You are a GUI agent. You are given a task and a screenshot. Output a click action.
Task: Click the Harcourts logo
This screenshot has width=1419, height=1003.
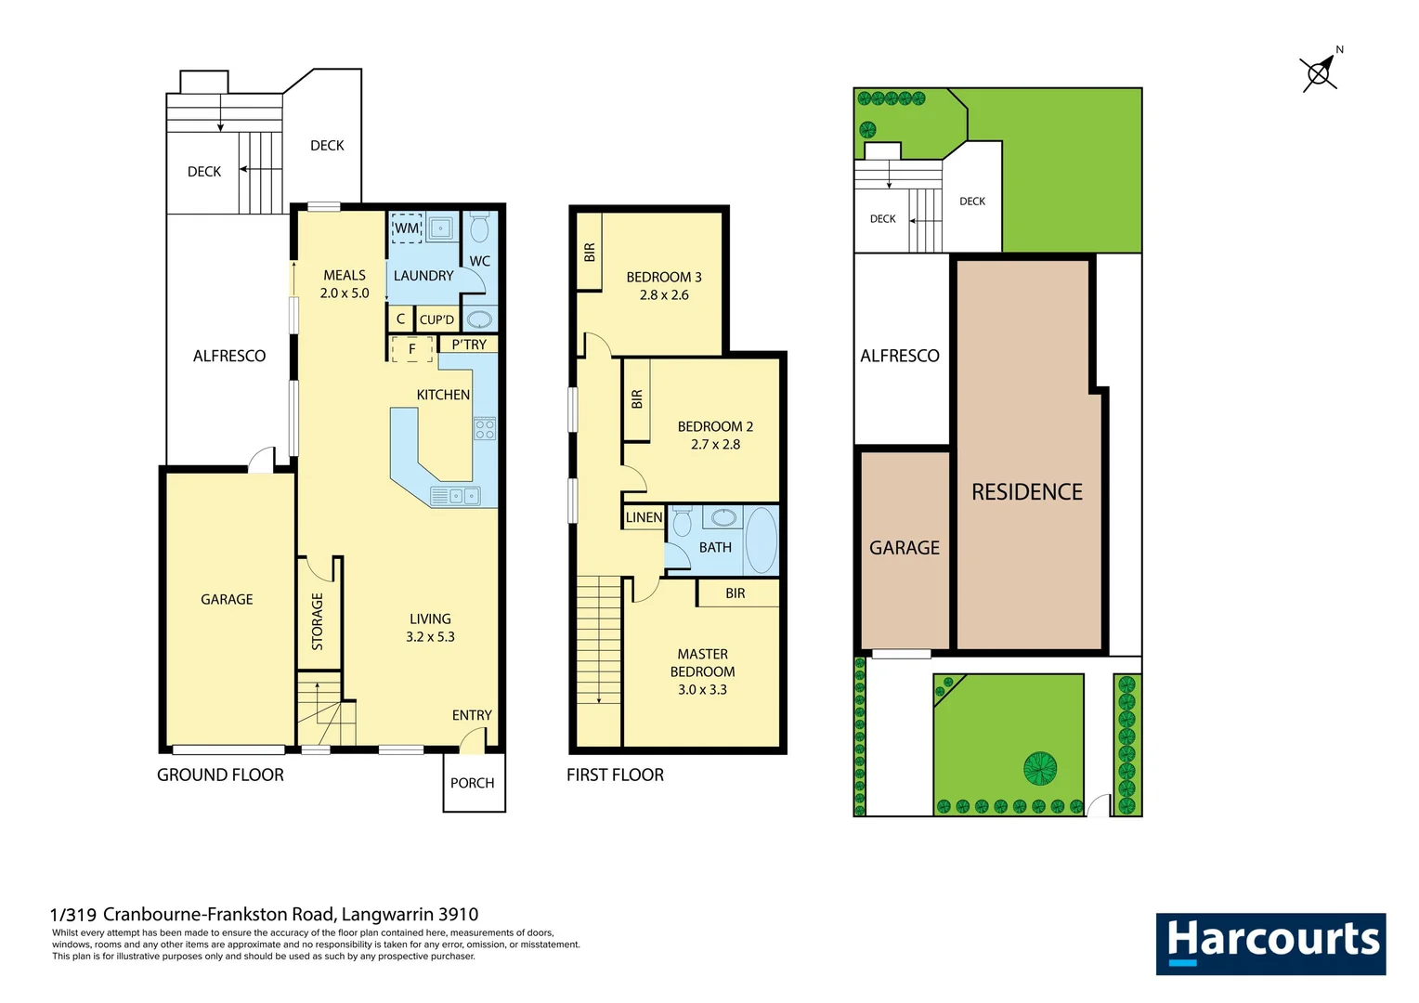[1270, 944]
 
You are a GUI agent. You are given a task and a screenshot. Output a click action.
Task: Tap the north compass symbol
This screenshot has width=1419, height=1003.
[1319, 72]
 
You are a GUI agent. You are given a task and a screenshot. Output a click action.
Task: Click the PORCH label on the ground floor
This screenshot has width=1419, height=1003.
[472, 783]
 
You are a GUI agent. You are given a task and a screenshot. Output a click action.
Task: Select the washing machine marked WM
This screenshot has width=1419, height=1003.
[408, 228]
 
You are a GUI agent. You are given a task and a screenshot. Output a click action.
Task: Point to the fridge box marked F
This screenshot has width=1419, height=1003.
[412, 349]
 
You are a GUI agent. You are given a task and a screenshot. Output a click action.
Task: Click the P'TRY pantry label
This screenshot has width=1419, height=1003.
[469, 345]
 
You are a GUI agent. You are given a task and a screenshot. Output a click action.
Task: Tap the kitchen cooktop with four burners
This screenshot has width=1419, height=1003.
[485, 428]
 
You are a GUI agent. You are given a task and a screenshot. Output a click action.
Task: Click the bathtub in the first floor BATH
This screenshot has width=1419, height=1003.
[762, 540]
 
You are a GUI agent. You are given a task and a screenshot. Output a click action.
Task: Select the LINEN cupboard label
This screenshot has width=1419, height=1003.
[644, 517]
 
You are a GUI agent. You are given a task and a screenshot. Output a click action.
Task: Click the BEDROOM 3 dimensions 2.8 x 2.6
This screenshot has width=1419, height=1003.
[664, 295]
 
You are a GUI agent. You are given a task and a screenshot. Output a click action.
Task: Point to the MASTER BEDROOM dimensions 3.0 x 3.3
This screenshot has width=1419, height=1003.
[702, 690]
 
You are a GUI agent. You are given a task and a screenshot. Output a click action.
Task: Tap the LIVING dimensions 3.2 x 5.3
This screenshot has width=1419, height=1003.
[430, 637]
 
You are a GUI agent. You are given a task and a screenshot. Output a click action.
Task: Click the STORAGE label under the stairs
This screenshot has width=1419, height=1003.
[318, 621]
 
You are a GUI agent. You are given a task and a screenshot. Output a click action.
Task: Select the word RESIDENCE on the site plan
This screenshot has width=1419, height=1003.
[1027, 492]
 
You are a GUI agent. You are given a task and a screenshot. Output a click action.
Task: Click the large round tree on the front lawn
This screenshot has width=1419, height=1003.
[1040, 768]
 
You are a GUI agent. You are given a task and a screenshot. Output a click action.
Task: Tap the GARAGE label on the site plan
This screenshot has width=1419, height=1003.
[904, 548]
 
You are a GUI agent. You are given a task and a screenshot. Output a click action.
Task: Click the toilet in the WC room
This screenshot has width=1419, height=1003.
[479, 228]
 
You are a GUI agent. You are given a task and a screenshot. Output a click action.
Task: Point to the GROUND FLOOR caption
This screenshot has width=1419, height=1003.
[220, 775]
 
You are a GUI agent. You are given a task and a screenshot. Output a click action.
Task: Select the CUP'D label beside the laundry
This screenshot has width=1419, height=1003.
[436, 319]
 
